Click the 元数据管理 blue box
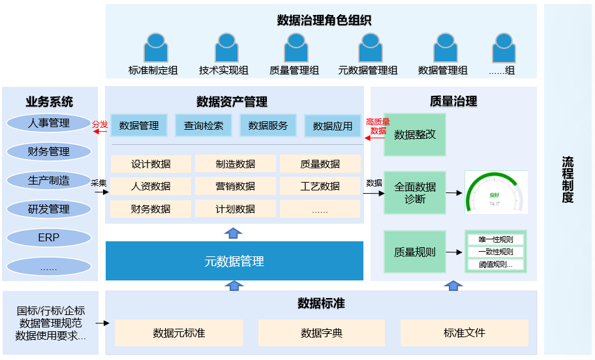pyautogui.click(x=234, y=262)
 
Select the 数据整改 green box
pyautogui.click(x=414, y=135)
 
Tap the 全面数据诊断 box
pyautogui.click(x=414, y=193)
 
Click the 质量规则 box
pyautogui.click(x=414, y=252)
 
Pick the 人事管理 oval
pyautogui.click(x=49, y=123)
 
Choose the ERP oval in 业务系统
pyautogui.click(x=49, y=238)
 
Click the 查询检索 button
pyautogui.click(x=204, y=125)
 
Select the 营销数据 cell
pyautogui.click(x=236, y=186)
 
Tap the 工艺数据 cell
pyautogui.click(x=320, y=186)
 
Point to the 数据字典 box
pyautogui.click(x=321, y=333)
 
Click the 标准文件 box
pyautogui.click(x=464, y=333)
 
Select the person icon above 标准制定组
pyautogui.click(x=155, y=49)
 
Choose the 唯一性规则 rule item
pyautogui.click(x=496, y=239)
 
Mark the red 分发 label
pyautogui.click(x=100, y=124)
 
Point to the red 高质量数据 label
pyautogui.click(x=378, y=126)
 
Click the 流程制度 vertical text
pyautogui.click(x=568, y=179)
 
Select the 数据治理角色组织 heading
pyautogui.click(x=324, y=20)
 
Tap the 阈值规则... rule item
pyautogui.click(x=496, y=265)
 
